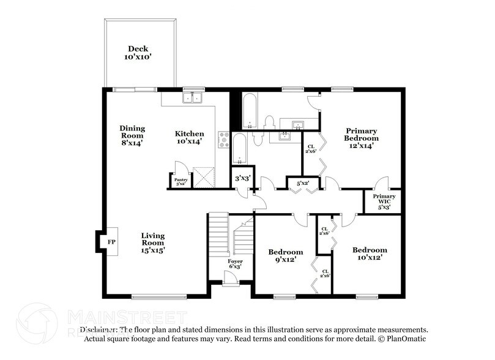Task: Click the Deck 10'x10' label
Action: [x=138, y=53]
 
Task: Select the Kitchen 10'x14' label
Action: [x=189, y=137]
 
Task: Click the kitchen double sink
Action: [x=193, y=99]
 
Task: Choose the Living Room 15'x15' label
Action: [x=153, y=242]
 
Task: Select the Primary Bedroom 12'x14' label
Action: [x=360, y=138]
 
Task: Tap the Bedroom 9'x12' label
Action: [x=286, y=255]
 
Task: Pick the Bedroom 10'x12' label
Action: [x=370, y=253]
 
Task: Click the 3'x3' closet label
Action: [x=242, y=179]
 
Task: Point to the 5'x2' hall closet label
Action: [x=303, y=182]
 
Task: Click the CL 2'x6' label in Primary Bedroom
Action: [x=311, y=149]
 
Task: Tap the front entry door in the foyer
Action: [x=231, y=279]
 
